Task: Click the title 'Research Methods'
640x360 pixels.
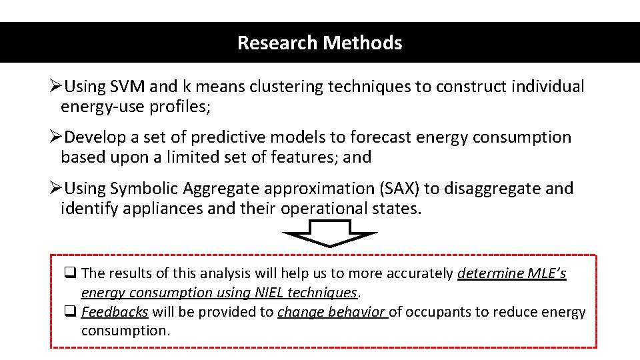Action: pos(320,43)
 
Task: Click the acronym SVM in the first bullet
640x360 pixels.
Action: pos(124,87)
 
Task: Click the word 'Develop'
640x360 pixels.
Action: pos(95,138)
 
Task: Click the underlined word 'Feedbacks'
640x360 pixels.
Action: pos(115,312)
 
